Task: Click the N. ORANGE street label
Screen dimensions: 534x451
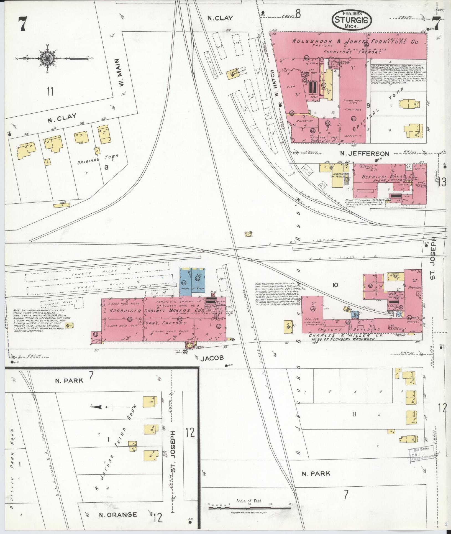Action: tap(118, 515)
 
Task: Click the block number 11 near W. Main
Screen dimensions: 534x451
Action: tap(50, 91)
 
